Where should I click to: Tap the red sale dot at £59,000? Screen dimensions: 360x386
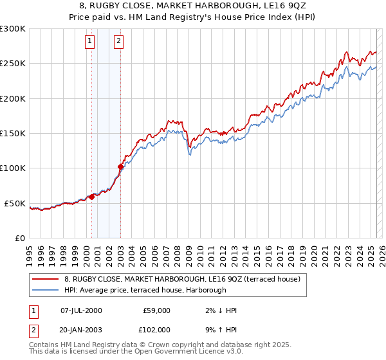[x=91, y=197]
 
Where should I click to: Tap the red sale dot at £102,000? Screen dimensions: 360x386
[x=120, y=167]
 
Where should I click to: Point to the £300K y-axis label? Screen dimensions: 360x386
[x=13, y=29]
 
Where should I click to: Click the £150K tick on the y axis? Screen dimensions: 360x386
[x=13, y=134]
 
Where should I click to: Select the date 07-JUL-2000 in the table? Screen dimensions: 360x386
[x=81, y=310]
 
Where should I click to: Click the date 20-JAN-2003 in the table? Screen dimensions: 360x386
[x=81, y=329]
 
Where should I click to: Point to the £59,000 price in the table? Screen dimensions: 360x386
[x=156, y=310]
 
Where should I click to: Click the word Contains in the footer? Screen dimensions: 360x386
[x=44, y=345]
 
